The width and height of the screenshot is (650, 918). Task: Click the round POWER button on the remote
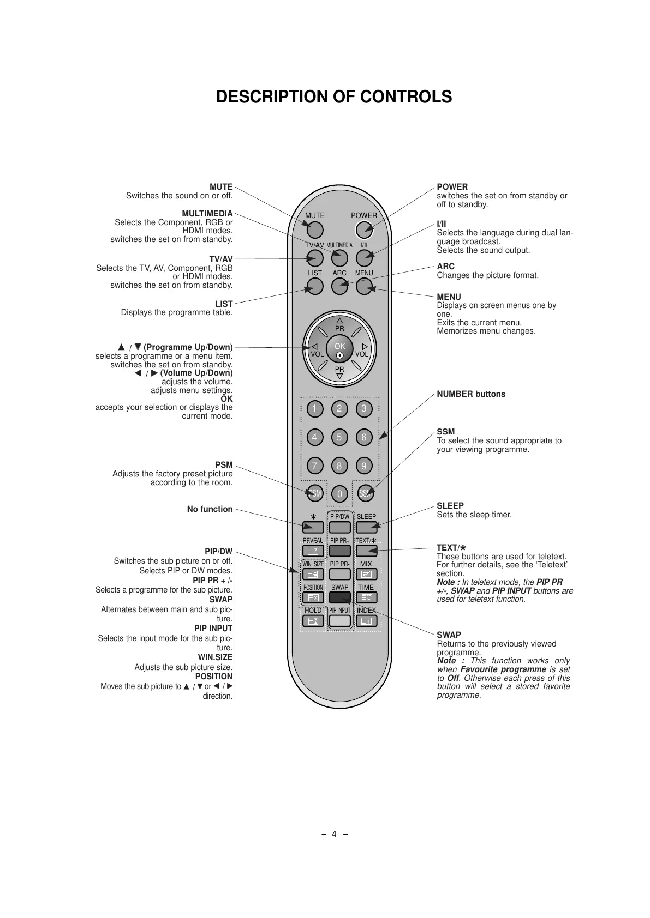pos(363,230)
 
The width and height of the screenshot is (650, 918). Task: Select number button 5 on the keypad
pos(339,437)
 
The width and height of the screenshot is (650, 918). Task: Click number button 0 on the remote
pos(339,494)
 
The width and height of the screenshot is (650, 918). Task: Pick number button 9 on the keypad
pos(364,466)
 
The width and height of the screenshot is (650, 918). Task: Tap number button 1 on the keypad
pos(314,409)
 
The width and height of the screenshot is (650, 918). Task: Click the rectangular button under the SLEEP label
pos(366,527)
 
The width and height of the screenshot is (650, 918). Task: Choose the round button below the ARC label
pos(339,286)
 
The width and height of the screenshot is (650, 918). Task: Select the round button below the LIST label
pos(314,286)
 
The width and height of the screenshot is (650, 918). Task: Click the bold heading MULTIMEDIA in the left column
pos(207,214)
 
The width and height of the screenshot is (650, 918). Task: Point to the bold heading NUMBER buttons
pos(471,394)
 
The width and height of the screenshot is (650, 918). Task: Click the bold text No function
pos(210,509)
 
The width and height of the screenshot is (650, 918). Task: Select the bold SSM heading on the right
pos(445,432)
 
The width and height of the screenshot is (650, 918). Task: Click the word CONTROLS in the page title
pos(398,97)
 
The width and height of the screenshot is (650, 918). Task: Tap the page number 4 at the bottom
pos(334,834)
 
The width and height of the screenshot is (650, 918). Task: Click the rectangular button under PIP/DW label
pos(339,527)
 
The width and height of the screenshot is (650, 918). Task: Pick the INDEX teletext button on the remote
pos(366,621)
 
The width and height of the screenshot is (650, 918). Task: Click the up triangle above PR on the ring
pos(339,321)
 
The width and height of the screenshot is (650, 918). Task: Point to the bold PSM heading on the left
pos(224,465)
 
